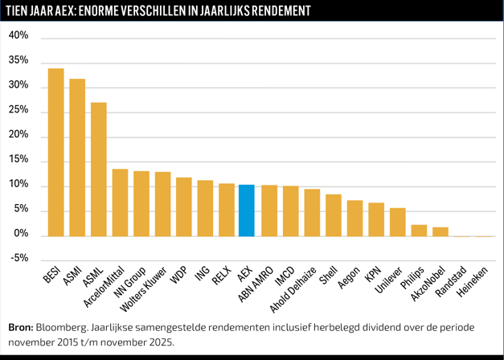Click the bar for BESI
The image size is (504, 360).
[56, 153]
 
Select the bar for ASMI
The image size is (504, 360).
[77, 157]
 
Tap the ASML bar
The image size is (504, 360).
[99, 170]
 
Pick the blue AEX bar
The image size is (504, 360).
[247, 211]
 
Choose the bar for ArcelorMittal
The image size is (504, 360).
[120, 202]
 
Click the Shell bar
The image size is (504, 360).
[334, 215]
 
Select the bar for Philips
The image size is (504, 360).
[419, 231]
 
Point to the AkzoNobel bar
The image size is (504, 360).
[440, 232]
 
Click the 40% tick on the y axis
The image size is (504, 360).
[18, 36]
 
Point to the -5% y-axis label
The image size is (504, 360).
[18, 259]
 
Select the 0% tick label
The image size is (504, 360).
[21, 235]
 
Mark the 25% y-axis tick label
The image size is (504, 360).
[18, 111]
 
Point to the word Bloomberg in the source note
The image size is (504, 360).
[64, 327]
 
